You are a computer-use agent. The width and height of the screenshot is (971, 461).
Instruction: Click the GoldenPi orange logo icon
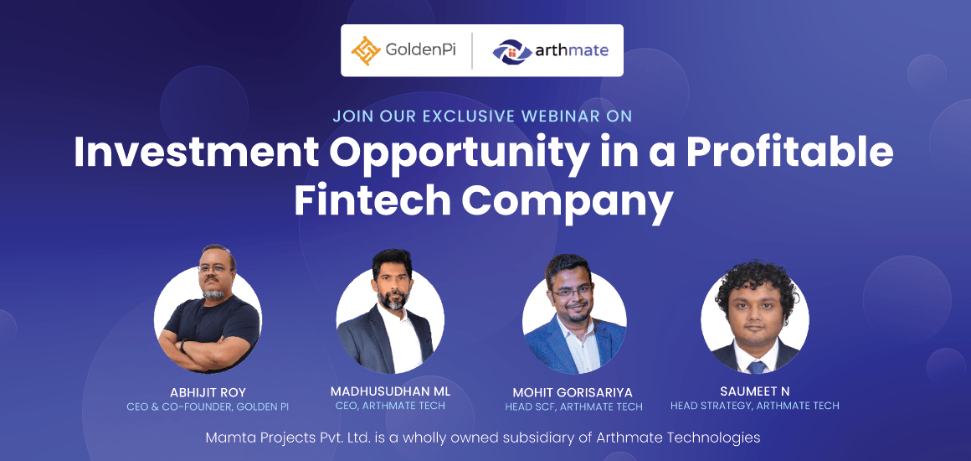[x=365, y=51]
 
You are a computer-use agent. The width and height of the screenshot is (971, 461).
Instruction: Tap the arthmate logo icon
[x=512, y=51]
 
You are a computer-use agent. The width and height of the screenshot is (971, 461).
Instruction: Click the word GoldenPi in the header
[x=420, y=50]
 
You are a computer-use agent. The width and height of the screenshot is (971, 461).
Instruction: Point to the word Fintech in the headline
[x=372, y=201]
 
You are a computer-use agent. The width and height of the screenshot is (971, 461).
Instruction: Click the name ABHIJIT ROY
[x=208, y=393]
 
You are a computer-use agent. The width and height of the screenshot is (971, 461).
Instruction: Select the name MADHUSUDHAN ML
[x=390, y=393]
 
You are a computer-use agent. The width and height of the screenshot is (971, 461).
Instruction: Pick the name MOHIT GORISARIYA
[x=573, y=393]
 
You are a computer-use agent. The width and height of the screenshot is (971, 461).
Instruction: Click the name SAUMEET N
[x=755, y=391]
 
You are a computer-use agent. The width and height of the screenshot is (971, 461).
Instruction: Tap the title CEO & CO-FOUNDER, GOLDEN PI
[x=208, y=407]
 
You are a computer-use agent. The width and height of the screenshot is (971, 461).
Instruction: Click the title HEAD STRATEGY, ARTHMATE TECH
[x=755, y=406]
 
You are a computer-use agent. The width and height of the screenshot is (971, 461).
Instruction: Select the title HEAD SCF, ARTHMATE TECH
[x=573, y=407]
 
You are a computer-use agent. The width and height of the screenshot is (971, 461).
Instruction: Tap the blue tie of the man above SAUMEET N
[x=756, y=366]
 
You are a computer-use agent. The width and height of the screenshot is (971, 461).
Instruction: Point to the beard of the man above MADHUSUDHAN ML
[x=393, y=299]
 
